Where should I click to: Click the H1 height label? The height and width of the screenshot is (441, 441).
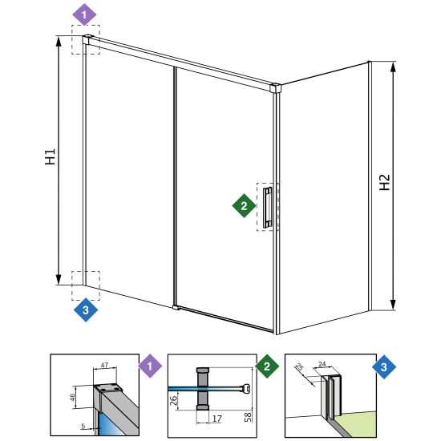click(51, 156)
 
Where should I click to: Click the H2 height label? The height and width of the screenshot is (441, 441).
click(384, 182)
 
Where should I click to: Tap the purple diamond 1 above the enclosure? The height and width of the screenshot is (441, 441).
click(84, 14)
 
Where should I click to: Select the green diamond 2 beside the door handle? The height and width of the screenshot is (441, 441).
click(244, 205)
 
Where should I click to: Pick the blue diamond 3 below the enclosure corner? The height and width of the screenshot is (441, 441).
click(86, 310)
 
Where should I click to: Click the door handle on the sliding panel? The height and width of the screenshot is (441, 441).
click(268, 207)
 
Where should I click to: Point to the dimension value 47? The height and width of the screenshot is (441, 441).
click(104, 366)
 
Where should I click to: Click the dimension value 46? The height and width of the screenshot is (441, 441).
click(72, 397)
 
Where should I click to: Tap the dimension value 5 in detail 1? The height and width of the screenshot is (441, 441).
click(83, 426)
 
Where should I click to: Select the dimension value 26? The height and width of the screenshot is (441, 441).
click(173, 400)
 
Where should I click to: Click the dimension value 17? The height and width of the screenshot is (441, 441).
click(216, 419)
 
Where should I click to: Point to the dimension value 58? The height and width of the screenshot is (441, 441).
click(248, 416)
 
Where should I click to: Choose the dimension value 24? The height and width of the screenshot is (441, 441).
click(322, 364)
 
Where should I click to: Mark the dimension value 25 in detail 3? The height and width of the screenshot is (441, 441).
click(300, 367)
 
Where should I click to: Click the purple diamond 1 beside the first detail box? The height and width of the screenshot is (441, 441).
click(150, 366)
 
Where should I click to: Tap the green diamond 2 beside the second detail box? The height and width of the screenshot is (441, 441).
click(267, 366)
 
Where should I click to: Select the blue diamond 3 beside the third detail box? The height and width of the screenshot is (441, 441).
click(384, 366)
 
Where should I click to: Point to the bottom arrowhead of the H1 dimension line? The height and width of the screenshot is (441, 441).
click(59, 280)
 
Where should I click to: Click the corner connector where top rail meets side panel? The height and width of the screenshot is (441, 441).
click(276, 87)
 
